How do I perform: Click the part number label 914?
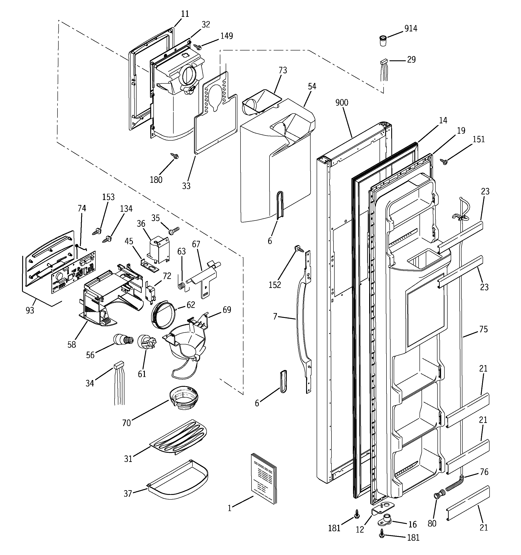pyautogui.click(x=411, y=28)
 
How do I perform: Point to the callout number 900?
pyautogui.click(x=342, y=103)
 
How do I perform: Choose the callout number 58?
pyautogui.click(x=72, y=344)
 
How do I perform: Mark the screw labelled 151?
pyautogui.click(x=444, y=161)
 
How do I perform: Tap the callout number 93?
pyautogui.click(x=30, y=310)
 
